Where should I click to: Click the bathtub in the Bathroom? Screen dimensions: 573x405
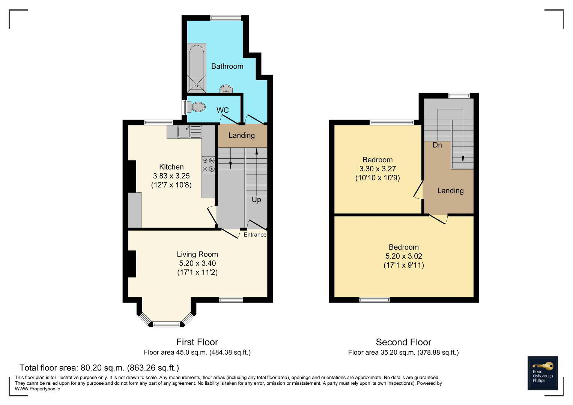(197, 68)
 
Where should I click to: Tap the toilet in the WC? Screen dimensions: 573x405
(196, 107)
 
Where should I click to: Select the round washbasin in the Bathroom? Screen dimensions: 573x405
(226, 89)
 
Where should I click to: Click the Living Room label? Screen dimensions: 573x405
(197, 254)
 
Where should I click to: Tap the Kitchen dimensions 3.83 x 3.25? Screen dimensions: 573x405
(171, 176)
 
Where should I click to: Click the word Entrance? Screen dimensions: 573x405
(255, 235)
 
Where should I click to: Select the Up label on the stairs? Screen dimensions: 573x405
(256, 199)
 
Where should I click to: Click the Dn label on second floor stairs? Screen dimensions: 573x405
(437, 145)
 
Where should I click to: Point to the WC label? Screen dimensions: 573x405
(223, 110)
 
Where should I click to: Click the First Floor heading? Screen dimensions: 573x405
(197, 342)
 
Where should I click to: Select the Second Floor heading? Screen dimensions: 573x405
(403, 342)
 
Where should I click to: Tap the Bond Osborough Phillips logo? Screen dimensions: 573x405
(543, 373)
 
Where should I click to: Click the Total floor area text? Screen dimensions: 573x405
(99, 367)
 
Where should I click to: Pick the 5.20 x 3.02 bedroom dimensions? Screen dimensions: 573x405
(404, 256)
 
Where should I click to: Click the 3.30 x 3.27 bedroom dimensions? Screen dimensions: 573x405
(377, 169)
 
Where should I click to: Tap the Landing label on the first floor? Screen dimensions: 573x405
(242, 135)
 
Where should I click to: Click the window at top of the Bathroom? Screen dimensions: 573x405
(226, 18)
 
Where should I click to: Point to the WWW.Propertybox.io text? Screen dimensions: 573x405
(38, 389)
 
